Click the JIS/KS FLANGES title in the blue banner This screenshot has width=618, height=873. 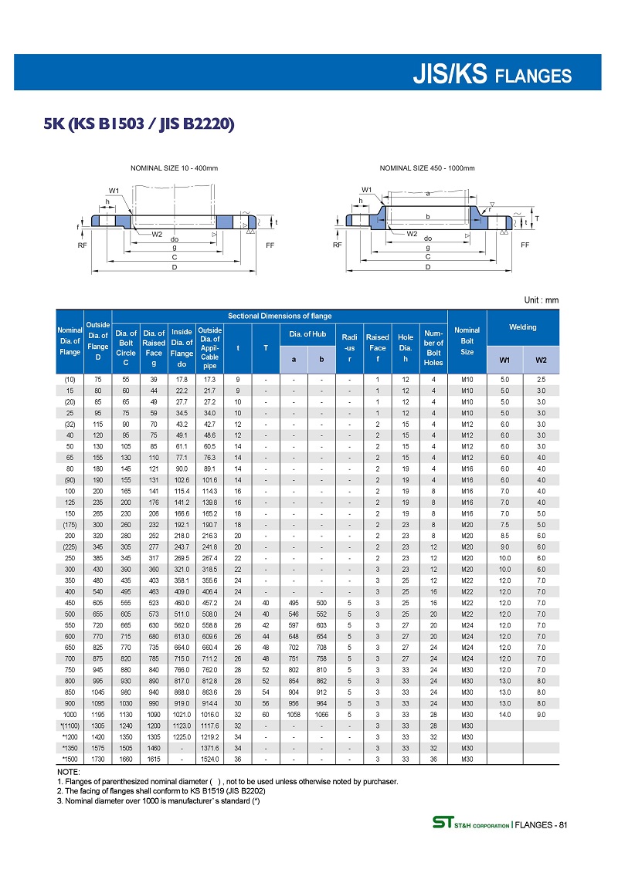pos(492,75)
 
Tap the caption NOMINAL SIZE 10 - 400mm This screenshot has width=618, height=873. pos(174,167)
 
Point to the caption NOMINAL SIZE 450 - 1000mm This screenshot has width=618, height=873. pos(427,167)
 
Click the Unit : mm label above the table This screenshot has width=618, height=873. pos(540,300)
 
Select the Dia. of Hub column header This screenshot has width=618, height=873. pos(307,333)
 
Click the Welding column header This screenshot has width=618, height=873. pos(523,327)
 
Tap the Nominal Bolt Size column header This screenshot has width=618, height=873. pos(467,340)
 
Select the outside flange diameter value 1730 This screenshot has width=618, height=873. pos(98,759)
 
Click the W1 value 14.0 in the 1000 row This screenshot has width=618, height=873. pos(505,715)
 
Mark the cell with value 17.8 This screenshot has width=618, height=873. pos(182,380)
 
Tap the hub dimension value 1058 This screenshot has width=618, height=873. pos(294,715)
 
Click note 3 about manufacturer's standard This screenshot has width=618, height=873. pos(158,800)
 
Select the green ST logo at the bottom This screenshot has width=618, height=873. pos(441,826)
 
